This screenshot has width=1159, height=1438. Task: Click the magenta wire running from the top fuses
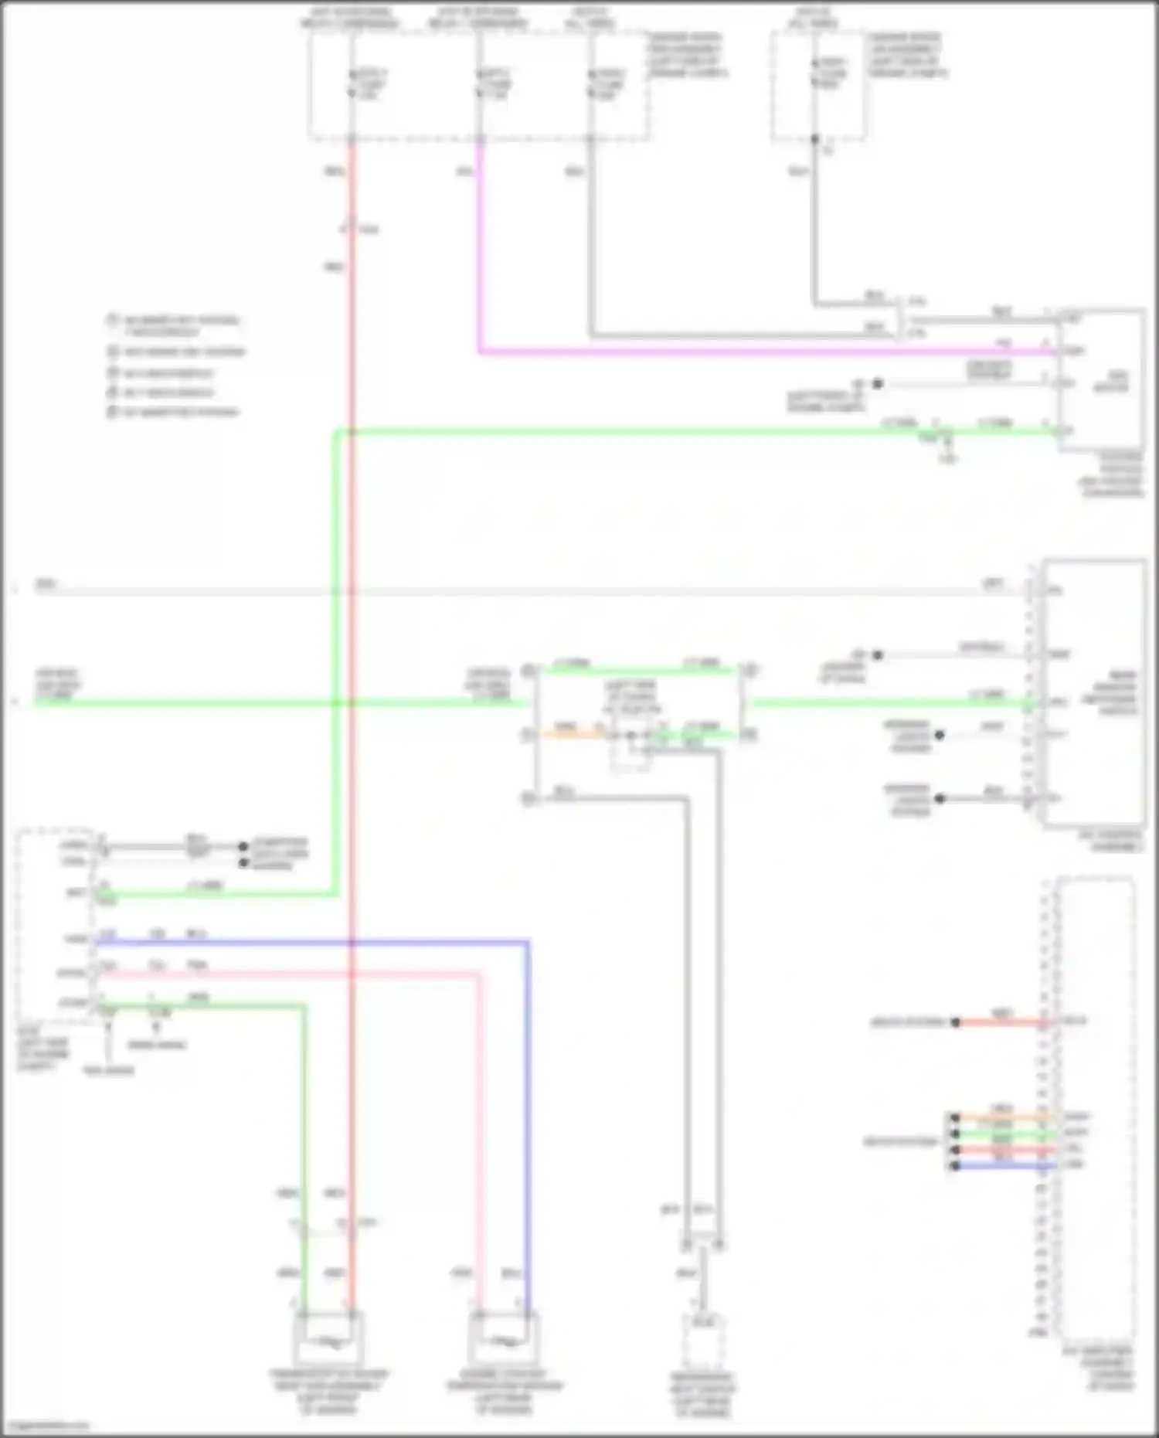(695, 352)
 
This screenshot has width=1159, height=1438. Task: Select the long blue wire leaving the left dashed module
(309, 942)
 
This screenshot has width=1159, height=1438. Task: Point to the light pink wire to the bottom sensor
(478, 1120)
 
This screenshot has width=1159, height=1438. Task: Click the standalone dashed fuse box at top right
(817, 85)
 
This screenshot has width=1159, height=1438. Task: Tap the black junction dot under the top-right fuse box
(814, 139)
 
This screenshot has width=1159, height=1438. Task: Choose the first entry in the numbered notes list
(174, 325)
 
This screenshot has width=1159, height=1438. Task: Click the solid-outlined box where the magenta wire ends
(1101, 379)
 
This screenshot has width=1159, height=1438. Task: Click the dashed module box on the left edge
(56, 923)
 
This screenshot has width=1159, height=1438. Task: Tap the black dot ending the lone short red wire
(956, 1022)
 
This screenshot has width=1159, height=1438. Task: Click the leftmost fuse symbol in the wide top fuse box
(352, 83)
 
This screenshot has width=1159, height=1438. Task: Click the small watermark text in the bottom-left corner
(45, 1425)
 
